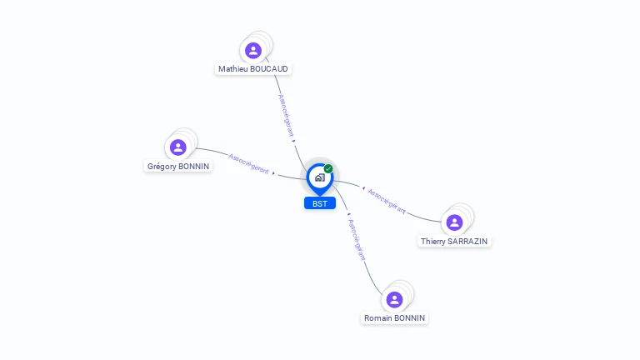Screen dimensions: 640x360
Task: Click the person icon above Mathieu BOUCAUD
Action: tap(253, 50)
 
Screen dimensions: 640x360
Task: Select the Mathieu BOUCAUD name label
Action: tap(253, 68)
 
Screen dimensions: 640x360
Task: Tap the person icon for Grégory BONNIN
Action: tap(177, 147)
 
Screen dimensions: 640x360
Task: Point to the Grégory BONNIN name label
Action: tap(177, 166)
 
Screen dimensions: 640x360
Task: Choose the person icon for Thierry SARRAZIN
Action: tap(454, 222)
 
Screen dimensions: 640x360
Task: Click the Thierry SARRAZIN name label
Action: tap(454, 241)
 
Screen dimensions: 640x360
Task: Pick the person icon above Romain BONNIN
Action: tap(395, 299)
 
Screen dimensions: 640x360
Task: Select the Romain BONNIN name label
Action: tap(395, 317)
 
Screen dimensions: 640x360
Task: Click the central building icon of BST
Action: tap(319, 177)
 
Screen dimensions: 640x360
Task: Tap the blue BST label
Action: tap(319, 203)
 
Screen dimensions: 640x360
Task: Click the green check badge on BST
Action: tap(328, 168)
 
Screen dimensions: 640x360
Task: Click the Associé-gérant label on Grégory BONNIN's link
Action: tap(248, 163)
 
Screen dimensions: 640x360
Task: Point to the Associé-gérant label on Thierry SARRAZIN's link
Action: tap(387, 201)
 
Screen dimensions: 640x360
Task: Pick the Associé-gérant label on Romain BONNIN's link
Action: tap(356, 239)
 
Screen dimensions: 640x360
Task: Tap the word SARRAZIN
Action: tap(468, 241)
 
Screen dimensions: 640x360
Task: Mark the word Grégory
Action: tap(162, 166)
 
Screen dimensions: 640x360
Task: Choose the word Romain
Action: tap(378, 317)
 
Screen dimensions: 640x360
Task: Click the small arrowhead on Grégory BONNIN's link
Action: tap(274, 172)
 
